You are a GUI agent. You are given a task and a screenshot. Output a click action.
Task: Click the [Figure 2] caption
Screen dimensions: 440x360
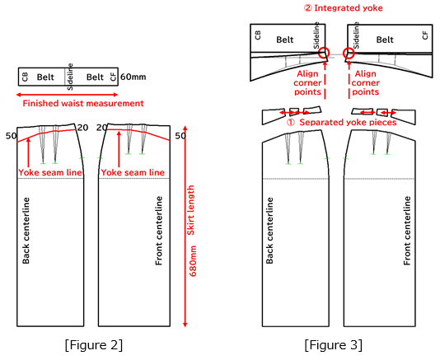[94, 345]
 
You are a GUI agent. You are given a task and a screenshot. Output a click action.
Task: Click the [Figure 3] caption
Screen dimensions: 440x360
[334, 345]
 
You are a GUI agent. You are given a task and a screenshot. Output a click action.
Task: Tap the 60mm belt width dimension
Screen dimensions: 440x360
[133, 77]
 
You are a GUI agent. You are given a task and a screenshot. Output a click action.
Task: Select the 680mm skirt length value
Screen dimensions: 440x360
[193, 261]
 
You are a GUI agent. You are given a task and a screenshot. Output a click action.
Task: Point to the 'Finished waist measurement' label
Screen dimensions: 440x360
[83, 103]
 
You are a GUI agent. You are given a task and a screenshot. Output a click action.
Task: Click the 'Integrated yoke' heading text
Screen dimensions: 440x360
[349, 8]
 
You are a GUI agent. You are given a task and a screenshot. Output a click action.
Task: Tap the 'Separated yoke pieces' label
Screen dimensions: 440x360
[348, 123]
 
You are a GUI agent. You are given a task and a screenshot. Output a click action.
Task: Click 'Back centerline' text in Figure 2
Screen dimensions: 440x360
[26, 231]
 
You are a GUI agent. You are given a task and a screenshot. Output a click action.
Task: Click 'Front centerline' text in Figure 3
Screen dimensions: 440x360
[407, 231]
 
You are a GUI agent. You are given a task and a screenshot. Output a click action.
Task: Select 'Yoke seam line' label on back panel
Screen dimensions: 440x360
[50, 172]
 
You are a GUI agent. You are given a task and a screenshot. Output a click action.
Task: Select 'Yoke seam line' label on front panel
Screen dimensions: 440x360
[133, 172]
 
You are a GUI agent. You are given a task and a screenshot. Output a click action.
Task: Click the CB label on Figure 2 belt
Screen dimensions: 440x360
[25, 77]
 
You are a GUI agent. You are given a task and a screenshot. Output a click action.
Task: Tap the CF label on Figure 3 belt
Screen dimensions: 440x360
[425, 35]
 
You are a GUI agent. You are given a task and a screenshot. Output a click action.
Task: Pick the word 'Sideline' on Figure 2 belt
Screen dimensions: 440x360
[70, 77]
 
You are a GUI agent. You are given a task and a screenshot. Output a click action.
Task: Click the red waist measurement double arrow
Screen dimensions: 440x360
[67, 95]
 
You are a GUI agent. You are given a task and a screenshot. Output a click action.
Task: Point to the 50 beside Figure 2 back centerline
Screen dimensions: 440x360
[12, 136]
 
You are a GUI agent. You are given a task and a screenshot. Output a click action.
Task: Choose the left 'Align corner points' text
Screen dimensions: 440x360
[307, 82]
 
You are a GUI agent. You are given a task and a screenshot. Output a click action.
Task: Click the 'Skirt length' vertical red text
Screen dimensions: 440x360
[191, 210]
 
